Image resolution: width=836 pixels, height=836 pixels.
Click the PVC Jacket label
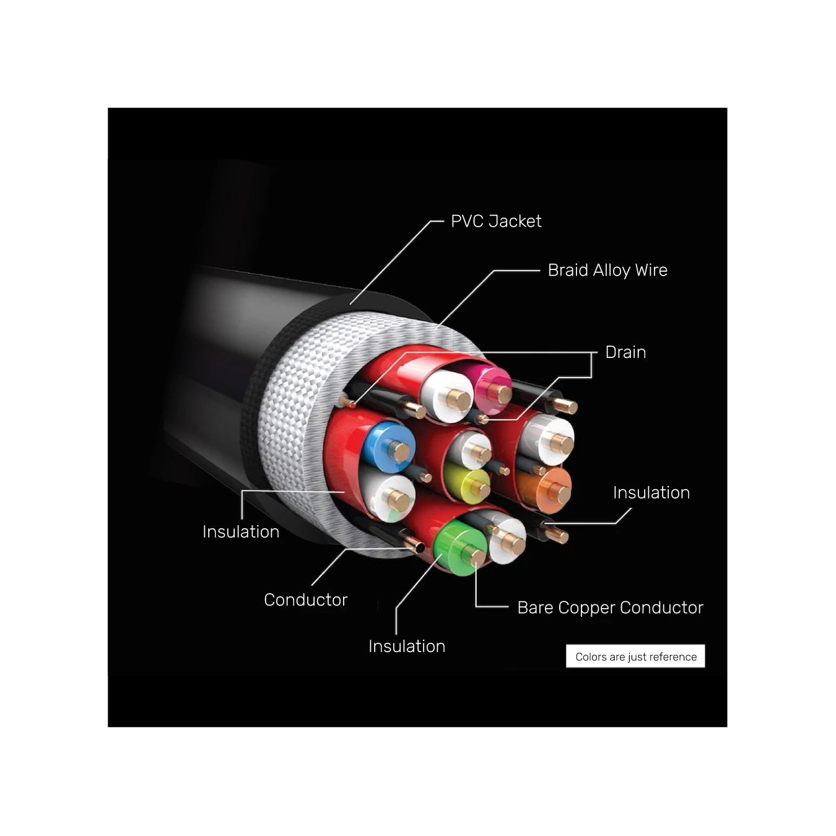pos(496,221)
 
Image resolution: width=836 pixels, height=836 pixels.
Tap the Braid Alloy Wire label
pos(607,270)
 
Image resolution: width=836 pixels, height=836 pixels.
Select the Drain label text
pos(625,352)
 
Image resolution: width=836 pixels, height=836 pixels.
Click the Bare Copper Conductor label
pos(610,607)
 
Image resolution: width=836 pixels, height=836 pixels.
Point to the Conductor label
pos(305,600)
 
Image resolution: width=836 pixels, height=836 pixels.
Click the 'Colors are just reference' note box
pos(635,656)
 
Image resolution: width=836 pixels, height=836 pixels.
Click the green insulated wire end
pos(461,548)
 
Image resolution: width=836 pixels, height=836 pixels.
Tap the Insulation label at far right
pos(651,493)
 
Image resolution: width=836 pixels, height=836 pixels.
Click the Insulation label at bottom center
pos(406,647)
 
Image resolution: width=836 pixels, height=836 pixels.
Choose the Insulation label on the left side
pos(241,532)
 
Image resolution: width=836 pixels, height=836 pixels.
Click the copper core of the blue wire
pos(399,451)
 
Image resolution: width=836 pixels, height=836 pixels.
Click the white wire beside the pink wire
pos(447,396)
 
